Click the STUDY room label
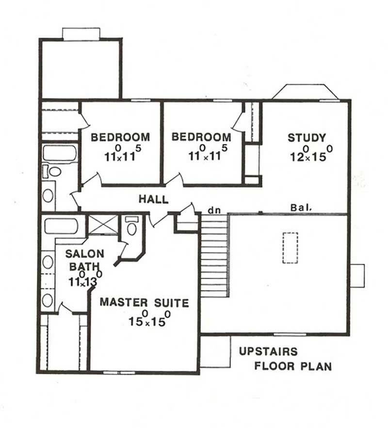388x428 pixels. [307, 138]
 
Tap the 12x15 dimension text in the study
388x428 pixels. [310, 154]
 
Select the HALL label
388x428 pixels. [153, 199]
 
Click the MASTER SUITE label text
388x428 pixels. [144, 303]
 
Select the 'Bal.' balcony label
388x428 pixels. [301, 207]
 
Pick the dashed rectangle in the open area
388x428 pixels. [290, 248]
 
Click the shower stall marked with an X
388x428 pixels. [102, 225]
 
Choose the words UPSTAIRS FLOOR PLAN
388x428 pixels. [285, 358]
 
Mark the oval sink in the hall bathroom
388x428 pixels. [48, 195]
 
